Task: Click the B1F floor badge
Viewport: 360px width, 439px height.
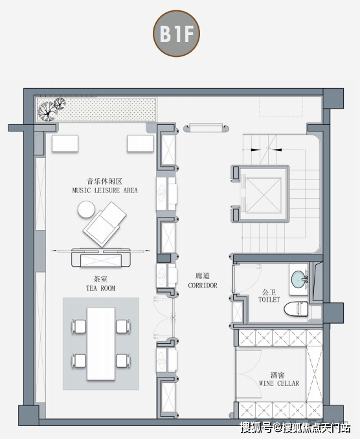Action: pyautogui.click(x=176, y=34)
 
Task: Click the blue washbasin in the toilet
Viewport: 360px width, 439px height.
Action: pyautogui.click(x=299, y=279)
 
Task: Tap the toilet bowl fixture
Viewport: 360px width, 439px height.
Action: pyautogui.click(x=296, y=309)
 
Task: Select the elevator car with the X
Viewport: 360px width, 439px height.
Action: pyautogui.click(x=263, y=195)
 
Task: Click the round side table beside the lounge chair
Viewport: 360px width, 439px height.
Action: pyautogui.click(x=86, y=209)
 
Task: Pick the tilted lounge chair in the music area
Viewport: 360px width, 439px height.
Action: pyautogui.click(x=105, y=224)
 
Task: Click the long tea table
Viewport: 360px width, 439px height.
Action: pyautogui.click(x=101, y=344)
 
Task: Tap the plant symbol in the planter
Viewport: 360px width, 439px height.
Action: pyautogui.click(x=51, y=109)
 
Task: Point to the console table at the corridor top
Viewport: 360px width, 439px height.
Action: pyautogui.click(x=206, y=128)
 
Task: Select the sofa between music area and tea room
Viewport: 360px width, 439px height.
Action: pyautogui.click(x=101, y=257)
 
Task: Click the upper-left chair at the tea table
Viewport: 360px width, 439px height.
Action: pyautogui.click(x=79, y=326)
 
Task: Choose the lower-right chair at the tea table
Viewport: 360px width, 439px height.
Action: pyautogui.click(x=123, y=361)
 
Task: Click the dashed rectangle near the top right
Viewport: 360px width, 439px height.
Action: pyautogui.click(x=281, y=106)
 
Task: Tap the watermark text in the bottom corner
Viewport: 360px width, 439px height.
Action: pyautogui.click(x=295, y=428)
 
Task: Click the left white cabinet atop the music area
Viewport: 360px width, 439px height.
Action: pyautogui.click(x=65, y=143)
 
